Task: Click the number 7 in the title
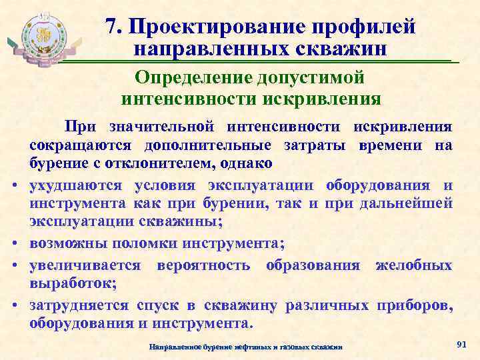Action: pyautogui.click(x=111, y=26)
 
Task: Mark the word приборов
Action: pyautogui.click(x=411, y=305)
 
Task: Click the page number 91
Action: pyautogui.click(x=459, y=343)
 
